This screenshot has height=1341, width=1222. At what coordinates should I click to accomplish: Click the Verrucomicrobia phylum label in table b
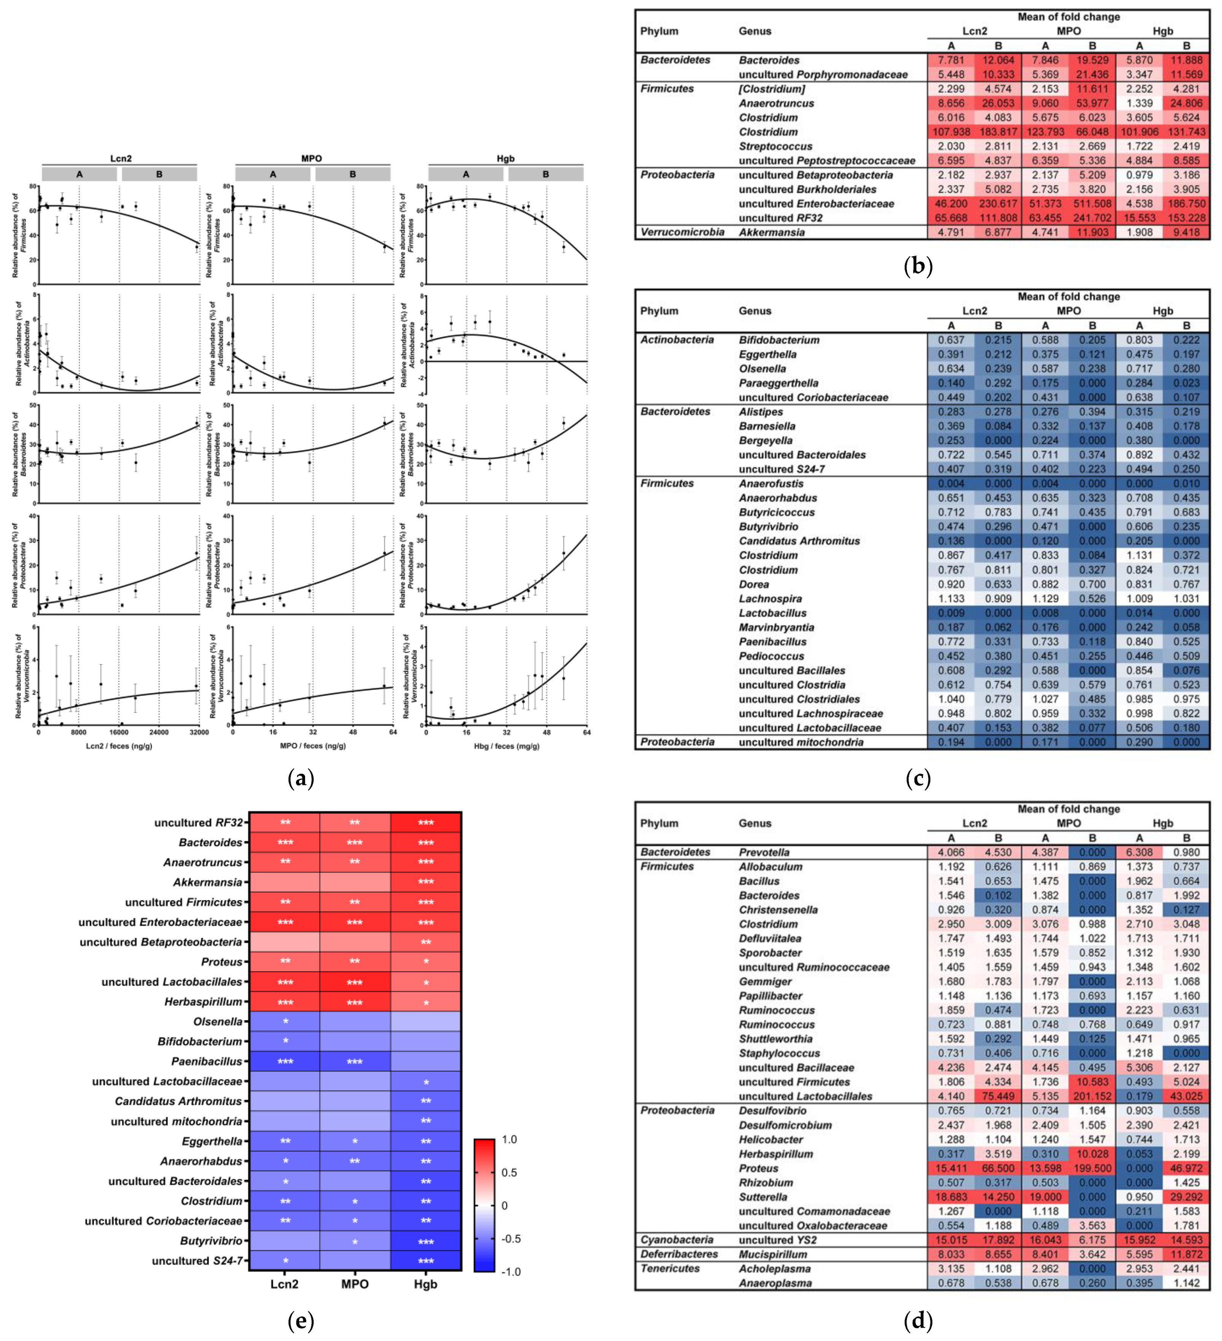pyautogui.click(x=681, y=232)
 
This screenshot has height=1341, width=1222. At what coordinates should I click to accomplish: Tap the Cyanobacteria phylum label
pyautogui.click(x=676, y=1240)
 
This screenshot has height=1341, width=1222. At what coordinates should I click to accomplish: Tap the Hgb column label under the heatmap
pyautogui.click(x=425, y=1284)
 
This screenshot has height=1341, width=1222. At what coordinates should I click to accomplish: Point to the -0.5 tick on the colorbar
pyautogui.click(x=510, y=1239)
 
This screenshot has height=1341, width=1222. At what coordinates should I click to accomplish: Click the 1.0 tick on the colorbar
pyautogui.click(x=509, y=1140)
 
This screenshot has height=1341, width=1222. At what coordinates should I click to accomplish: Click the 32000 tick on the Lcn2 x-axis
pyautogui.click(x=199, y=732)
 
